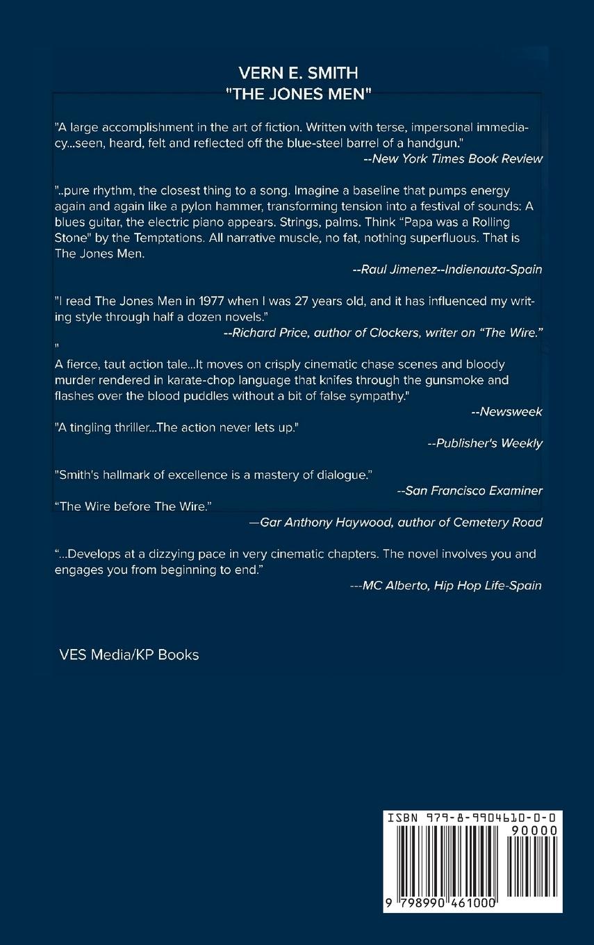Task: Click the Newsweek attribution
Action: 506,411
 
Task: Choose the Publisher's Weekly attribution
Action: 484,443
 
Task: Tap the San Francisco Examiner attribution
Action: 469,491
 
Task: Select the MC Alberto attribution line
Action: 446,585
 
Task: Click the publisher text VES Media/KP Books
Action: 129,655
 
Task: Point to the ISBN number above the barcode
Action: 472,819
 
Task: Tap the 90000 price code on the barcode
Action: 533,830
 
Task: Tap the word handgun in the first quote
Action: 438,142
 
